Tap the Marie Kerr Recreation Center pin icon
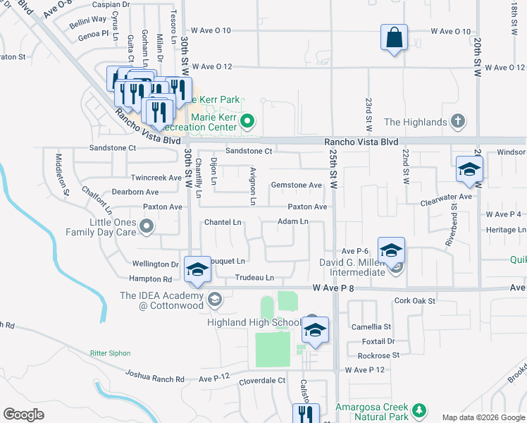tap(247, 121)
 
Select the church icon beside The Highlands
tap(457, 122)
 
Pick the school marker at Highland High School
tap(316, 331)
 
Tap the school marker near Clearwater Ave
tap(469, 170)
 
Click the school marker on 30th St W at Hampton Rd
tap(197, 270)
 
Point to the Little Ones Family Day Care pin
tap(147, 226)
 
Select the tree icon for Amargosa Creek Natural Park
tap(419, 410)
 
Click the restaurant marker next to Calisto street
tap(306, 414)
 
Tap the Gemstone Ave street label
tap(296, 185)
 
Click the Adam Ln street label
tap(293, 221)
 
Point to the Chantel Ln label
tap(223, 223)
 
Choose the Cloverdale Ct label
tap(261, 380)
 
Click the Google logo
tap(23, 415)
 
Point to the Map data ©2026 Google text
tap(483, 417)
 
